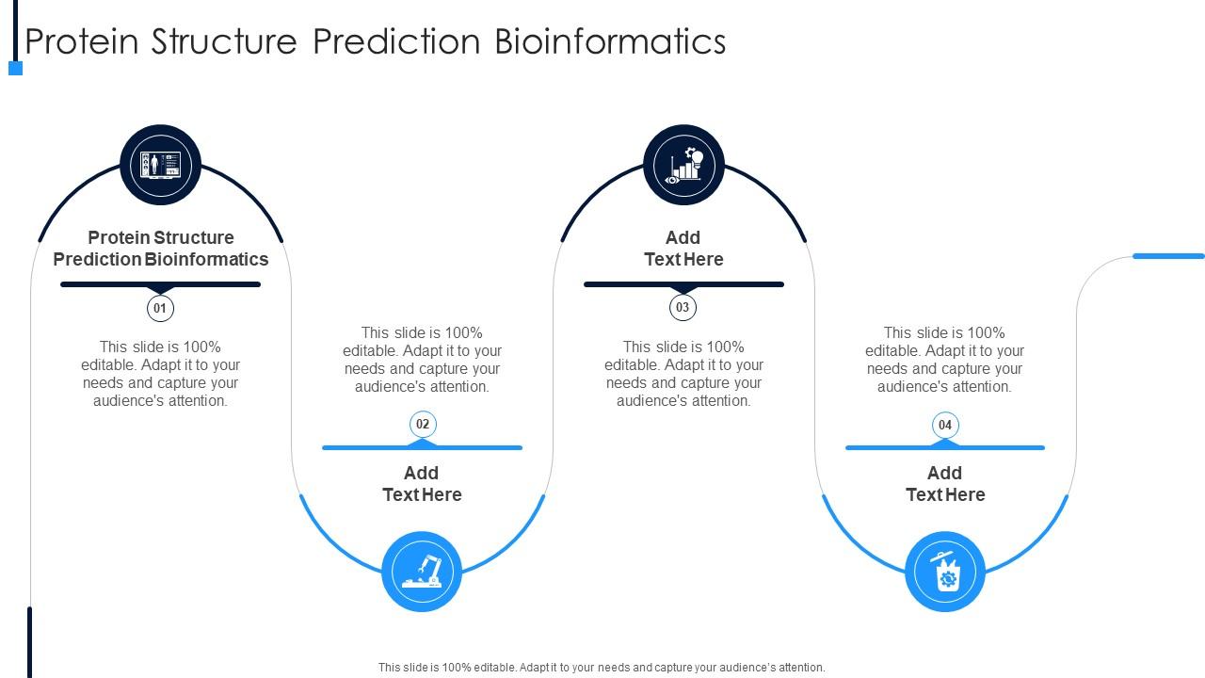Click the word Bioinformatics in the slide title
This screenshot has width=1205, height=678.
click(610, 41)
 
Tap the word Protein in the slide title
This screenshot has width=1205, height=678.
click(82, 41)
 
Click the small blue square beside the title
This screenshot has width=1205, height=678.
click(16, 69)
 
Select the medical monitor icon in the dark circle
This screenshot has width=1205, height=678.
click(160, 165)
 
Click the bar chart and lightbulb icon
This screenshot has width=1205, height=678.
click(683, 165)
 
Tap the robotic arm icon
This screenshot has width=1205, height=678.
click(423, 572)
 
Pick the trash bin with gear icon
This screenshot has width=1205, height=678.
click(945, 572)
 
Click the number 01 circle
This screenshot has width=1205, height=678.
click(160, 308)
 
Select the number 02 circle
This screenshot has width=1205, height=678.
click(423, 424)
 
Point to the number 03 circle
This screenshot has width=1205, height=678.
click(683, 307)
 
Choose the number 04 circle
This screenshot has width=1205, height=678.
click(945, 425)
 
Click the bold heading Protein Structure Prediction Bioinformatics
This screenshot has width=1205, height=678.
click(160, 248)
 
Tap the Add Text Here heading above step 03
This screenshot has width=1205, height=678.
click(683, 248)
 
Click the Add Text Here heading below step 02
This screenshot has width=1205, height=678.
click(423, 484)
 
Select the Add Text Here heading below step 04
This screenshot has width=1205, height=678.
click(945, 484)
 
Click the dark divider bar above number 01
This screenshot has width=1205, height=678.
click(160, 284)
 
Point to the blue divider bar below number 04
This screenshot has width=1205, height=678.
click(945, 447)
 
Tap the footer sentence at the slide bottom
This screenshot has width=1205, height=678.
click(602, 668)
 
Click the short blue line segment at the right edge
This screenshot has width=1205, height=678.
click(1168, 256)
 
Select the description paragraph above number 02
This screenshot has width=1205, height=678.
click(423, 360)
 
